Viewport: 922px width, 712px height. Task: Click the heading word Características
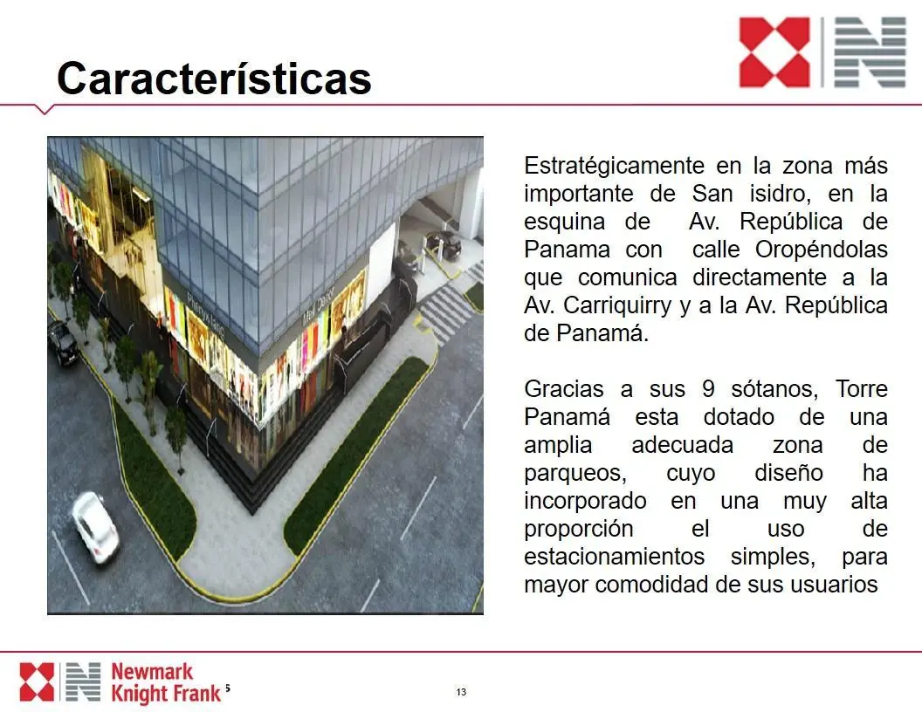click(x=214, y=79)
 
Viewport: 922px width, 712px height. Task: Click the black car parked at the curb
click(x=63, y=342)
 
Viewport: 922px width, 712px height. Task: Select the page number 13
click(x=461, y=692)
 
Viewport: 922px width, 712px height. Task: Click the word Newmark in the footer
click(x=152, y=672)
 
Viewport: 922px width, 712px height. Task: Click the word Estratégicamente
click(x=614, y=167)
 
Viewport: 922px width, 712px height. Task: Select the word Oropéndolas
click(x=822, y=250)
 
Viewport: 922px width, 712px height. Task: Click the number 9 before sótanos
click(x=709, y=389)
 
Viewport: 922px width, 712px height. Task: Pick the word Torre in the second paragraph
click(x=862, y=389)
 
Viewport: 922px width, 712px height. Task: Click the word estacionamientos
click(x=614, y=557)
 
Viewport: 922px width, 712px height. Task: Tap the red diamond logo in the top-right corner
click(x=774, y=52)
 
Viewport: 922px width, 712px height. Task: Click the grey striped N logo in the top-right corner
click(x=870, y=52)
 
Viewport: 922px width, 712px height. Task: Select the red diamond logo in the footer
click(x=37, y=682)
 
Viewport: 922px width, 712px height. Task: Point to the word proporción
click(x=579, y=530)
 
